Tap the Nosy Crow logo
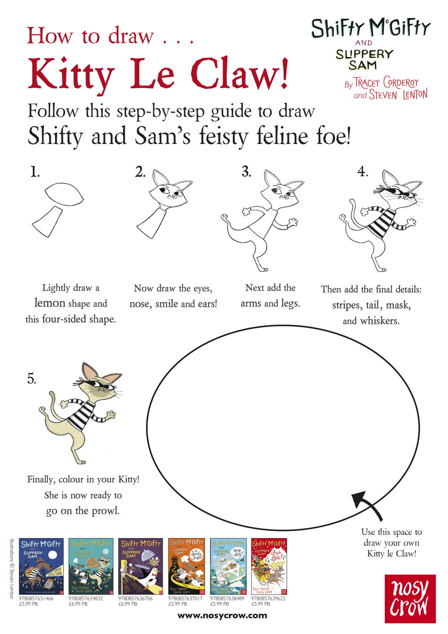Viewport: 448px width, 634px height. [x=410, y=599]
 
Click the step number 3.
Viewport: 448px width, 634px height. [x=246, y=172]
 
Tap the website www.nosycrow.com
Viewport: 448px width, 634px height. [x=222, y=616]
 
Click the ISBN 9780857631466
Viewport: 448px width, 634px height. [x=36, y=598]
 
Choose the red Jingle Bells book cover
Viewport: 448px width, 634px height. [x=269, y=566]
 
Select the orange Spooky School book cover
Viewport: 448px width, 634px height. [x=186, y=566]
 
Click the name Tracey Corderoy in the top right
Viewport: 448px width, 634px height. [x=386, y=83]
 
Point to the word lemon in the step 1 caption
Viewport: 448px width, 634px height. [x=50, y=303]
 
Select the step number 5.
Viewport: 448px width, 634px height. [x=31, y=379]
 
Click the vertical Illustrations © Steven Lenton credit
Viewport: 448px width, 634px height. [x=12, y=569]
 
